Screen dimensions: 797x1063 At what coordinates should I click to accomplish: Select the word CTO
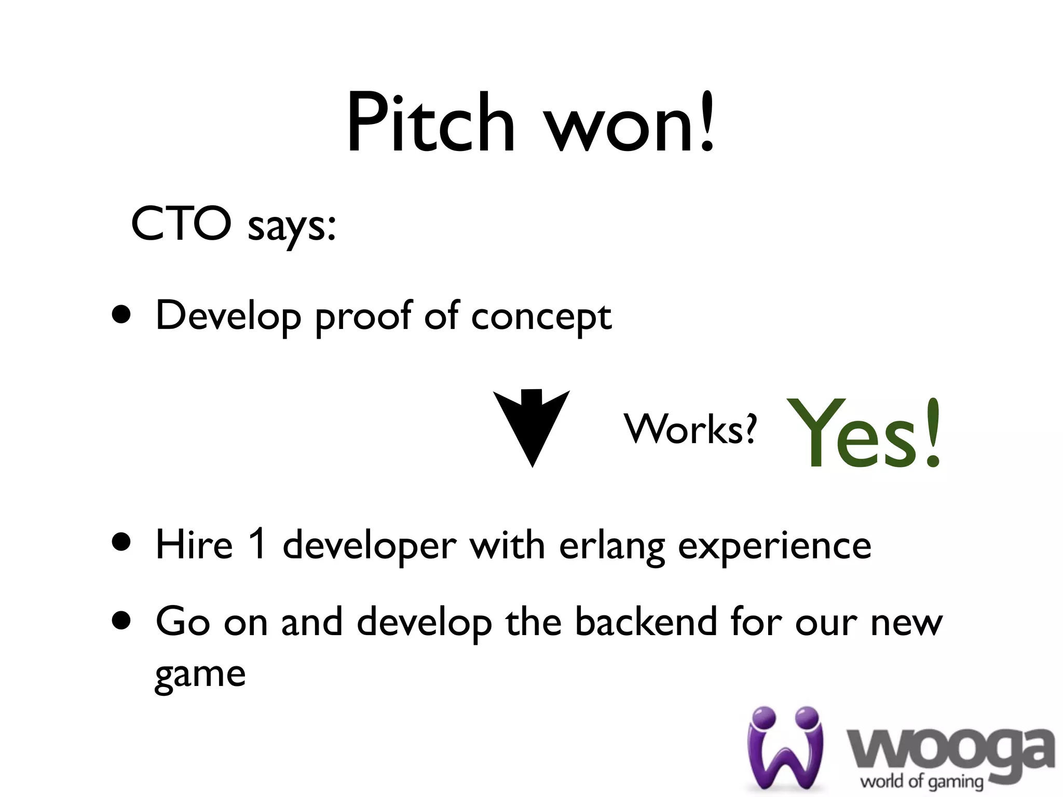(181, 224)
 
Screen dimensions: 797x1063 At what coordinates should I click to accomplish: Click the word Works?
(690, 429)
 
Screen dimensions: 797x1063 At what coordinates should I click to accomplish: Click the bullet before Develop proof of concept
(121, 314)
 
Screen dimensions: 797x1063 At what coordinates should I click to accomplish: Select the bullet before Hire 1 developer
(121, 543)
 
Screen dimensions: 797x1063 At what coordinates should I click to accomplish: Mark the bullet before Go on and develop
(121, 620)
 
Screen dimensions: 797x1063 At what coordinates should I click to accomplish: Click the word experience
(774, 547)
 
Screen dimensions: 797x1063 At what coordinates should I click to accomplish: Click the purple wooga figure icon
(785, 747)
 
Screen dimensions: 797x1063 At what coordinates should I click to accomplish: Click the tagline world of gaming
(922, 781)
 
